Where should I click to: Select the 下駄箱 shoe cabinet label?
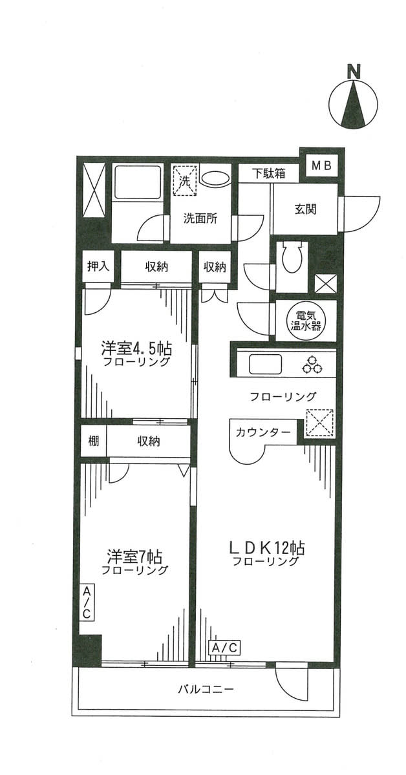[270, 173]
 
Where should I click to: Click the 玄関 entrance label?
[306, 209]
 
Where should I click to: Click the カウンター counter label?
[262, 432]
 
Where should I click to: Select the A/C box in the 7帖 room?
[86, 602]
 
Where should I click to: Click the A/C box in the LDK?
[225, 647]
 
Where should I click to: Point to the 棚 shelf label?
[93, 441]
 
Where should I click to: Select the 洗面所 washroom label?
[200, 219]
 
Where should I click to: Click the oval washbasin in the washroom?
[215, 178]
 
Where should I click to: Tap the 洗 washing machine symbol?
[184, 180]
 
